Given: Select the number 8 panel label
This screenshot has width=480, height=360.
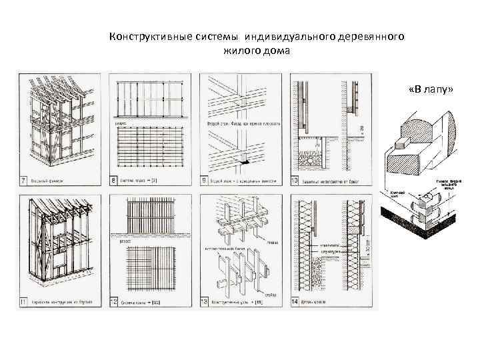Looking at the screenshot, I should tap(113, 180).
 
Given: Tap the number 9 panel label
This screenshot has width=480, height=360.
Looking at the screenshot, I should tap(203, 180).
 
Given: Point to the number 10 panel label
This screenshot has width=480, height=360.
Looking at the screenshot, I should tap(293, 180).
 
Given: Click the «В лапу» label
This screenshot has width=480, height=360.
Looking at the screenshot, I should tap(427, 89).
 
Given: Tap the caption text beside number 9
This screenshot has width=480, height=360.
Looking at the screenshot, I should tap(237, 180).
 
